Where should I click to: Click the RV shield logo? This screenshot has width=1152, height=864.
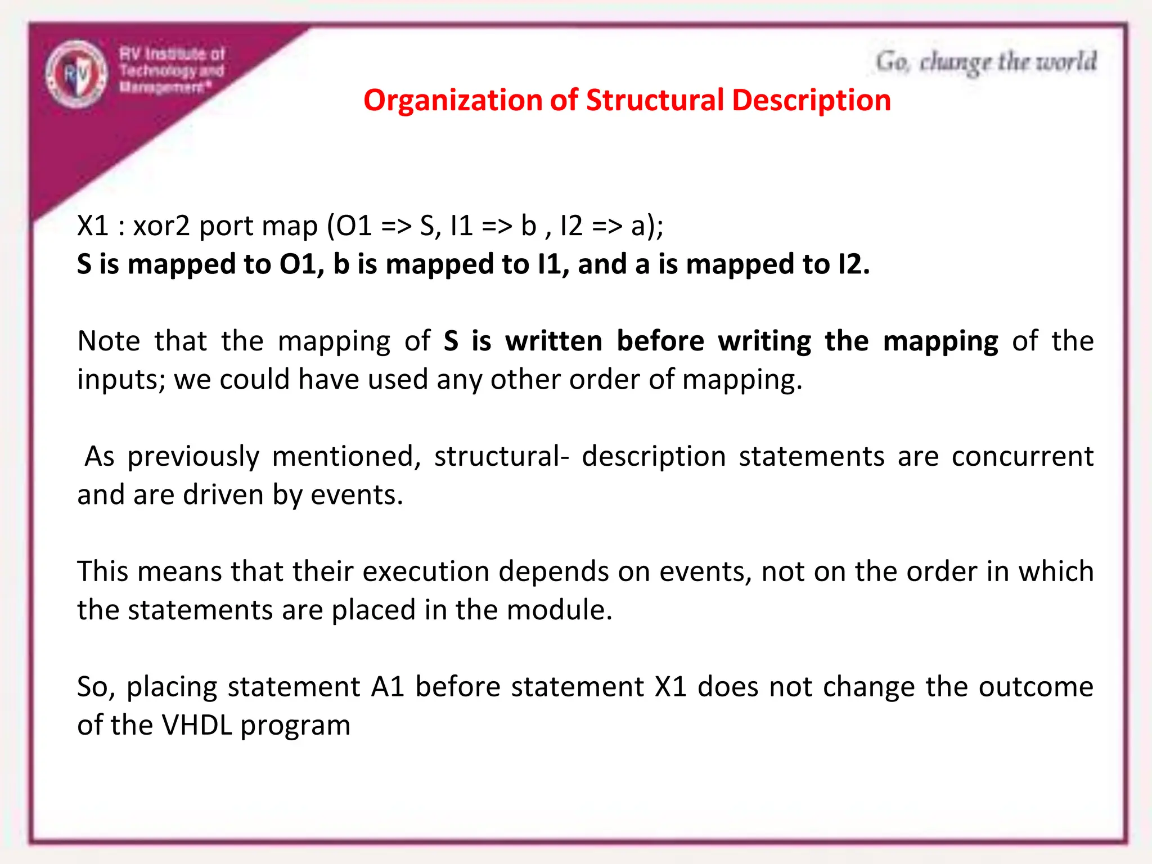coord(76,74)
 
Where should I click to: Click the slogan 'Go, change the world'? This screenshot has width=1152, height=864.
coord(985,62)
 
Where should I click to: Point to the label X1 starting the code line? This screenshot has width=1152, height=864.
coord(92,226)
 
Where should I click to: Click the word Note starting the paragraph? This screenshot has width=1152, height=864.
coord(109,341)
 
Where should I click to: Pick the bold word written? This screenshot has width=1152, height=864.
coord(553,341)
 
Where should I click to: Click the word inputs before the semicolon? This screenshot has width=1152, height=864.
coord(120,380)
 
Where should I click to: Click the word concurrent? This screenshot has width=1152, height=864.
coord(1022,456)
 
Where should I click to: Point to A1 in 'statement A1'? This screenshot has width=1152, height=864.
coord(388,687)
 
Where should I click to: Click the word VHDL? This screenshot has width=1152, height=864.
coord(196,725)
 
